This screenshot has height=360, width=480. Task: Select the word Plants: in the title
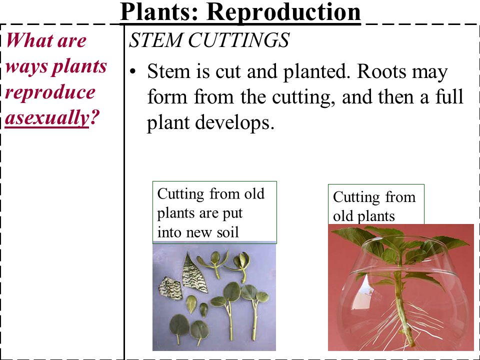(159, 11)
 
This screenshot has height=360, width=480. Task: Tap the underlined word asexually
(47, 118)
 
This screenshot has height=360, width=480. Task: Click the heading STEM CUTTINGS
(209, 40)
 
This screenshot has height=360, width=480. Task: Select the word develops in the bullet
(234, 123)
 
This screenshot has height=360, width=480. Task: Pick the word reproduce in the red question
(50, 92)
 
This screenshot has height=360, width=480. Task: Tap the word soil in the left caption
(227, 232)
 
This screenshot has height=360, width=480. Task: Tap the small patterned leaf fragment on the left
(170, 288)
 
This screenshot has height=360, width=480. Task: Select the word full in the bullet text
(450, 96)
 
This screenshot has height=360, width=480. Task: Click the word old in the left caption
(254, 194)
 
